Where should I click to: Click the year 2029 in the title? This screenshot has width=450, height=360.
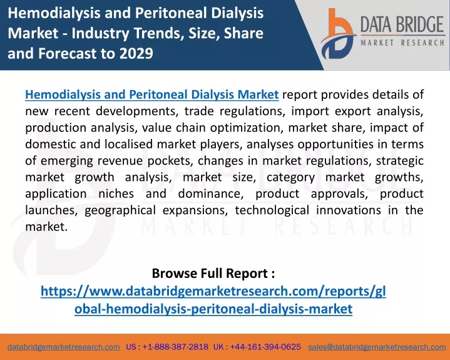136,53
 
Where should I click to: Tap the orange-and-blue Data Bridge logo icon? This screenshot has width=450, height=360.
338,34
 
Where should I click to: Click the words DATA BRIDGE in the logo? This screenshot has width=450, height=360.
402,24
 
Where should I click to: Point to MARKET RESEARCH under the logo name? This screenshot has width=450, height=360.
402,43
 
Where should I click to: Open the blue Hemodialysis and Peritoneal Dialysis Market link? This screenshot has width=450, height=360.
152,95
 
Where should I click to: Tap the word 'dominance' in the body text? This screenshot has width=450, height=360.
211,193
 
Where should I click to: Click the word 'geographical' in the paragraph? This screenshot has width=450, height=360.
120,210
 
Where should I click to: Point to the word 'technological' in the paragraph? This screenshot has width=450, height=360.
272,210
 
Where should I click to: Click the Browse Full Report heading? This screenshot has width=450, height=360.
213,273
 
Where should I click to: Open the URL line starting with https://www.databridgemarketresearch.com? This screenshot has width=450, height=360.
213,291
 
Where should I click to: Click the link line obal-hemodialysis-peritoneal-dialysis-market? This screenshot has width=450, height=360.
213,309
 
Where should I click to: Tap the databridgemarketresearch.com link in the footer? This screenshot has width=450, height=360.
64,347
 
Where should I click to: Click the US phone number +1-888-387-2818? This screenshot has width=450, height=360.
175,347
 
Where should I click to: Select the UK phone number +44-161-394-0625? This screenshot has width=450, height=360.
265,347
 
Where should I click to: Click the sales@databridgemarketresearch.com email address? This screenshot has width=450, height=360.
377,347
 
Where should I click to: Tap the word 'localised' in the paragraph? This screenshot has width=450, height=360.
128,144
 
